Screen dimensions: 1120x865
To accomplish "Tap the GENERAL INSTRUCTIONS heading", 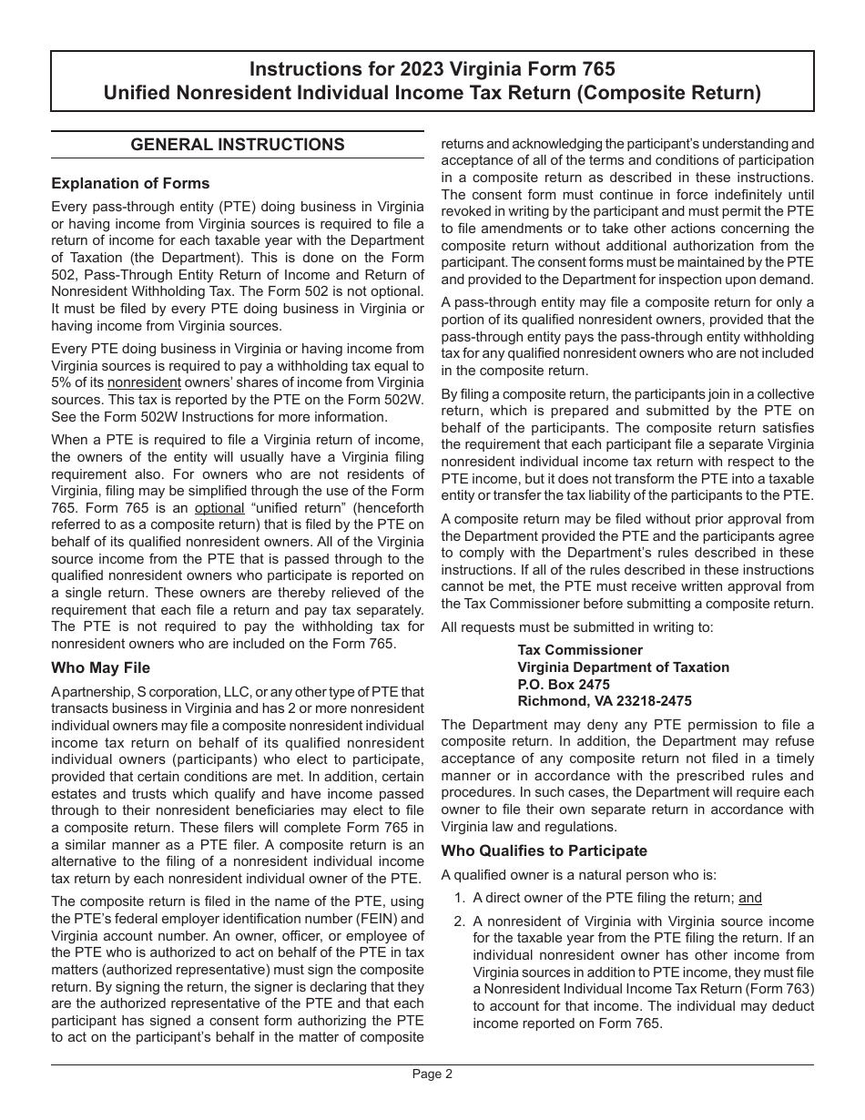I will coord(238,145).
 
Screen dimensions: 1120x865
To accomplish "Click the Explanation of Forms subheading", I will coord(130,183).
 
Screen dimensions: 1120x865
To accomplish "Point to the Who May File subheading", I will coord(101,667).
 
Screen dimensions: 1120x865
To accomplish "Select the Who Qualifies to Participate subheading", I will coord(544,850).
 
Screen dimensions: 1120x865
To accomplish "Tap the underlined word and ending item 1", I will coord(749,898).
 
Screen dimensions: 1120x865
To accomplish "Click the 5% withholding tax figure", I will coord(62,382).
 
